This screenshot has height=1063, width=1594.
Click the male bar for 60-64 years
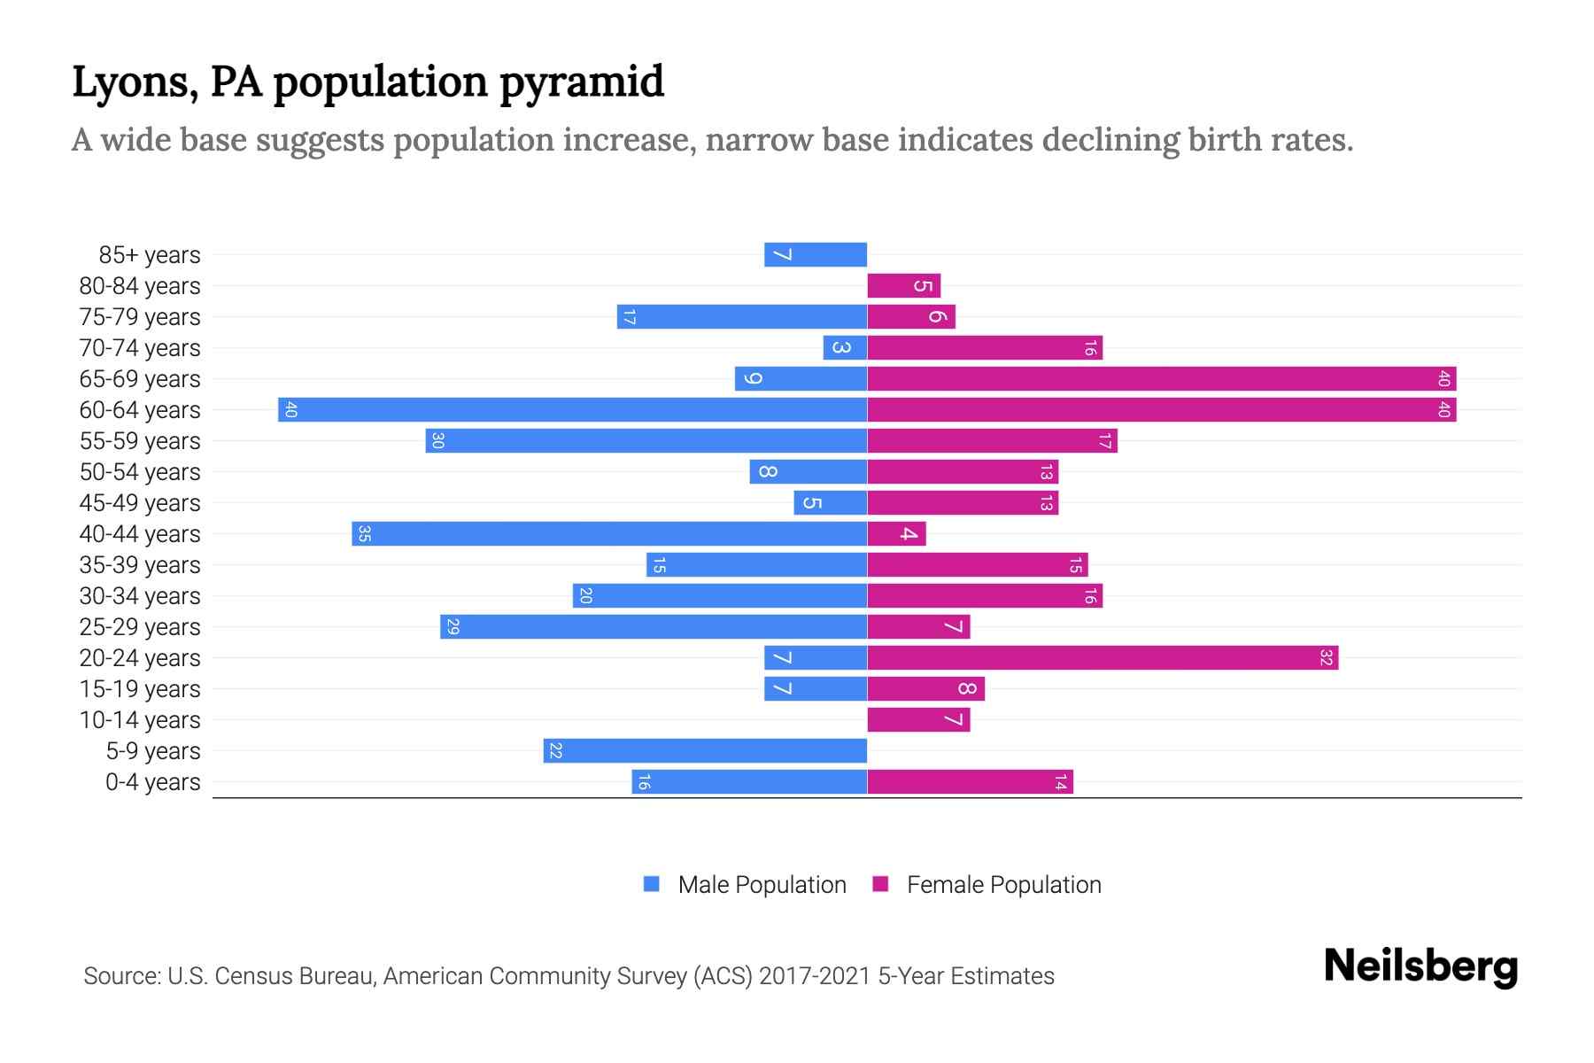pyautogui.click(x=572, y=409)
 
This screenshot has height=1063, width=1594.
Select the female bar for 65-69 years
pyautogui.click(x=1161, y=378)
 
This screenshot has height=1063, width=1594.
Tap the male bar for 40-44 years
pyautogui.click(x=609, y=533)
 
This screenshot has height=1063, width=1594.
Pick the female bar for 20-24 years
pyautogui.click(x=1103, y=657)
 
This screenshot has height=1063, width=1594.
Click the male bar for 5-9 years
pyautogui.click(x=705, y=750)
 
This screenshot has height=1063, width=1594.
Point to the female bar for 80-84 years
pyautogui.click(x=903, y=285)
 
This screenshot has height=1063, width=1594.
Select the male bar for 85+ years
pyautogui.click(x=816, y=254)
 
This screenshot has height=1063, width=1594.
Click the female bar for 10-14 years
pyautogui.click(x=918, y=719)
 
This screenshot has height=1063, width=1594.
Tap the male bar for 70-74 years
pyautogui.click(x=845, y=347)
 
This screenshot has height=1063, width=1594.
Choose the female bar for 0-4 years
pyautogui.click(x=970, y=781)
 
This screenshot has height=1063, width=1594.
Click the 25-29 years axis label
pyautogui.click(x=140, y=627)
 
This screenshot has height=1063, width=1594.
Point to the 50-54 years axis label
pyautogui.click(x=140, y=472)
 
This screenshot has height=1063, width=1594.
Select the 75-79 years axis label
pyautogui.click(x=140, y=317)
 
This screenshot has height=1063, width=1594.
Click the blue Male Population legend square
pyautogui.click(x=652, y=884)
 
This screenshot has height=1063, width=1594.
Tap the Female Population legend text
pyautogui.click(x=1003, y=885)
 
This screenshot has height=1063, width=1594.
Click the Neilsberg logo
pyautogui.click(x=1420, y=966)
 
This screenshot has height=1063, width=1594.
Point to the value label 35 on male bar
pyautogui.click(x=364, y=533)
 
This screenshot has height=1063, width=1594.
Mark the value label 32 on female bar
pyautogui.click(x=1326, y=657)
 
